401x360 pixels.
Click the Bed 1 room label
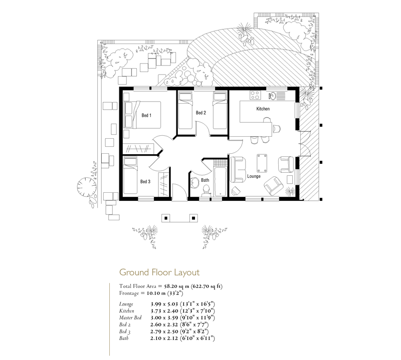click(146, 116)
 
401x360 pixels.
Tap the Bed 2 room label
click(201, 113)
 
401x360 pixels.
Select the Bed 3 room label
click(145, 182)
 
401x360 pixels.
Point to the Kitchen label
click(263, 109)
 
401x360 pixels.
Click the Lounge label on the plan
click(254, 176)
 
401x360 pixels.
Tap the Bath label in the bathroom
click(205, 180)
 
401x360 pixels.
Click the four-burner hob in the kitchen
click(255, 95)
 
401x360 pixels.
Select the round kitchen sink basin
click(272, 96)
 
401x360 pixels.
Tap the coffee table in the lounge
click(262, 163)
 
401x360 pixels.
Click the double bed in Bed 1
click(142, 115)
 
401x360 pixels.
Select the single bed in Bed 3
click(130, 176)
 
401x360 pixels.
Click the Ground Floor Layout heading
click(159, 272)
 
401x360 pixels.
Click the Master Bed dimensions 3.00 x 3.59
click(164, 317)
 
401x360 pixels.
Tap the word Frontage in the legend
click(129, 293)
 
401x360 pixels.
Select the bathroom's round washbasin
click(195, 183)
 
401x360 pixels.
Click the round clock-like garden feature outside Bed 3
click(87, 187)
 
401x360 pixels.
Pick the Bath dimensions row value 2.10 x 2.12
click(164, 338)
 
